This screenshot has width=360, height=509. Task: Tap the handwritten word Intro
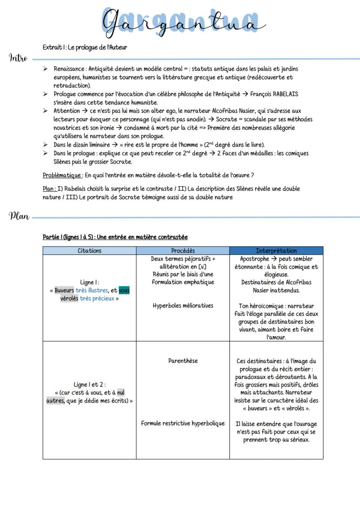(18, 58)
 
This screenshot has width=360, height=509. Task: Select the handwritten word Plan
(20, 216)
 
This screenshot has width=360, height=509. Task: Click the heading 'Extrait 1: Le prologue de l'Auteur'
(85, 47)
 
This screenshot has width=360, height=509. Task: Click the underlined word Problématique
(62, 175)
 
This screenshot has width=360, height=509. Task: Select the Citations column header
(89, 250)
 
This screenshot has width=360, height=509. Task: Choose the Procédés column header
(183, 250)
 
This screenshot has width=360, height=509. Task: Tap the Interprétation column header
(276, 250)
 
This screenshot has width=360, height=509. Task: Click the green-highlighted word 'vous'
(124, 290)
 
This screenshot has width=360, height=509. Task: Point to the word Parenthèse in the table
(183, 361)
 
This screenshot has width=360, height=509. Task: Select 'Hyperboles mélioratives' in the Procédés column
(183, 306)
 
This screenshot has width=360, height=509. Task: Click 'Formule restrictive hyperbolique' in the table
(183, 423)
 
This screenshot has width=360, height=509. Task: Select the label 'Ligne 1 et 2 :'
(89, 385)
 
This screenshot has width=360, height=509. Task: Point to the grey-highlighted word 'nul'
(121, 393)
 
